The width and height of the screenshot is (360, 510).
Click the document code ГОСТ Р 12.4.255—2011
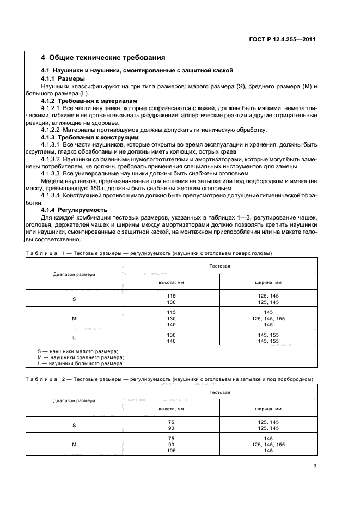pyautogui.click(x=284, y=39)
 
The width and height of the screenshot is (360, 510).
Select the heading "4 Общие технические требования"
pyautogui.click(x=103, y=58)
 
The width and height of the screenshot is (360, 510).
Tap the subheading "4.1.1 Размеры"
pyautogui.click(x=63, y=78)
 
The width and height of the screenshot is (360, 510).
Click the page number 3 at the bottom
pyautogui.click(x=315, y=465)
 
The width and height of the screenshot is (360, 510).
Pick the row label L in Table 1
pyautogui.click(x=74, y=338)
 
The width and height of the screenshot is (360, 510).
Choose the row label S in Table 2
pyautogui.click(x=74, y=425)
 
